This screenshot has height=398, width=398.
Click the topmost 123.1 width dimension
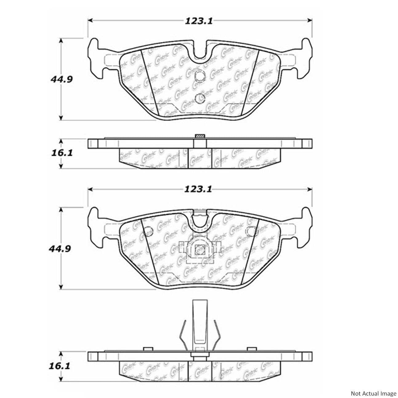(199, 21)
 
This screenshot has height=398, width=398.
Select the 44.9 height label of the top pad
(61, 79)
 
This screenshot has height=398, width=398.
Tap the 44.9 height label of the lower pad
(61, 248)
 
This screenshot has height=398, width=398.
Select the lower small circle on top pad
(200, 98)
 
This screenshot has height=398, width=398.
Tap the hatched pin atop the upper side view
(200, 136)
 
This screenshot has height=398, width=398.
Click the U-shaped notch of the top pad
(200, 51)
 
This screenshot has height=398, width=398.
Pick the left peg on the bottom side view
(148, 349)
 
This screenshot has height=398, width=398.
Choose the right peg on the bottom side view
(252, 349)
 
